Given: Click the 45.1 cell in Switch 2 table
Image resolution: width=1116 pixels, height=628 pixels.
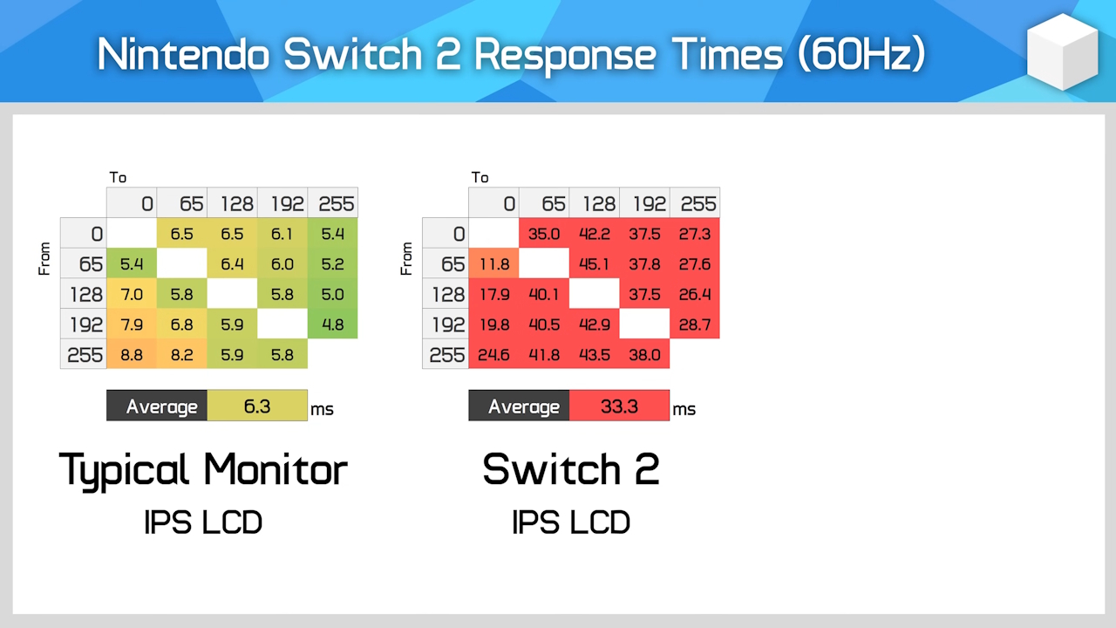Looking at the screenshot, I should pyautogui.click(x=595, y=263).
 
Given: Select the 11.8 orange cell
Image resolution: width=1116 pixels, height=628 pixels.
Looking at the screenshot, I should pyautogui.click(x=493, y=263).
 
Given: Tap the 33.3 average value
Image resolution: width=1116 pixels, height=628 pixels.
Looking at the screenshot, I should pyautogui.click(x=619, y=406).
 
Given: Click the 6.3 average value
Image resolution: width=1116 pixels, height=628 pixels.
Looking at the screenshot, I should pyautogui.click(x=257, y=406).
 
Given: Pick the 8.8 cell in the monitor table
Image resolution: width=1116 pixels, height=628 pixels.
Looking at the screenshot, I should pyautogui.click(x=132, y=355).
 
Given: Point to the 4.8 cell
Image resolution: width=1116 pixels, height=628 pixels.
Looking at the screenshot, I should pyautogui.click(x=332, y=324).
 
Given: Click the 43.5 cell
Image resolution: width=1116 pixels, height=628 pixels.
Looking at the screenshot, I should pyautogui.click(x=595, y=355).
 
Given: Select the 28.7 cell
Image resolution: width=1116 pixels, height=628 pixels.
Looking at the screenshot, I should pyautogui.click(x=695, y=324).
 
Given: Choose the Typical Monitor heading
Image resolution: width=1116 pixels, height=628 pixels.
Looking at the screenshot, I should pyautogui.click(x=203, y=469).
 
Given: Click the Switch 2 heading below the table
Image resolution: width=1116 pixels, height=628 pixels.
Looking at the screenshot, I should pyautogui.click(x=571, y=469).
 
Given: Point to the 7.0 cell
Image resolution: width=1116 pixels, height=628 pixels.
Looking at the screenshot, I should pyautogui.click(x=132, y=294).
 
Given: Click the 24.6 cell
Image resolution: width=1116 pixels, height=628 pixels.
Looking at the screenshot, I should pyautogui.click(x=493, y=355).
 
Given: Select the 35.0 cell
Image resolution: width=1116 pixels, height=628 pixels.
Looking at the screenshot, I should pyautogui.click(x=544, y=234).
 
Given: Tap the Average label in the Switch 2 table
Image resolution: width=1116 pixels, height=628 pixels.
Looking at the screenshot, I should pyautogui.click(x=523, y=406).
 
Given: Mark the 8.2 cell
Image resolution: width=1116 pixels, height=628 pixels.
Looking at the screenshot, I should pyautogui.click(x=182, y=355).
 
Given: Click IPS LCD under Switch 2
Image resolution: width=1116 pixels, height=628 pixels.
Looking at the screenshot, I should pyautogui.click(x=571, y=522).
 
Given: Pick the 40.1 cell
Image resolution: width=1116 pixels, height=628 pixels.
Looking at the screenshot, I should pyautogui.click(x=544, y=294).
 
